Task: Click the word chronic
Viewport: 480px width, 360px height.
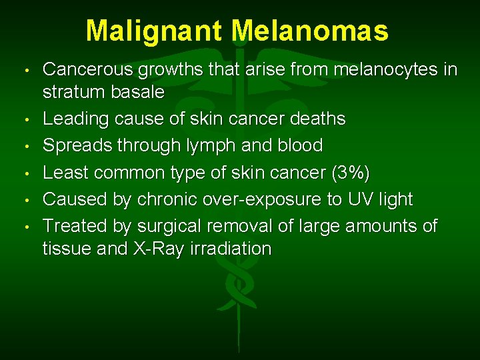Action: coord(161,199)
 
